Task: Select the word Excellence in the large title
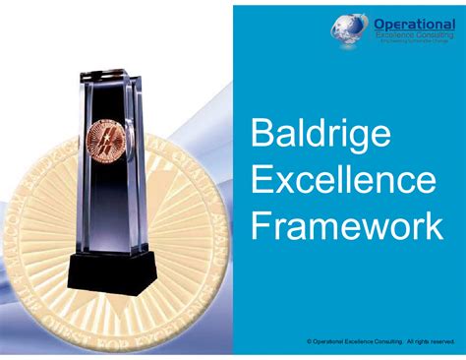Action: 329,181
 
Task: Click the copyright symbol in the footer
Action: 310,341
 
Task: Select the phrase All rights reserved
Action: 430,341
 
